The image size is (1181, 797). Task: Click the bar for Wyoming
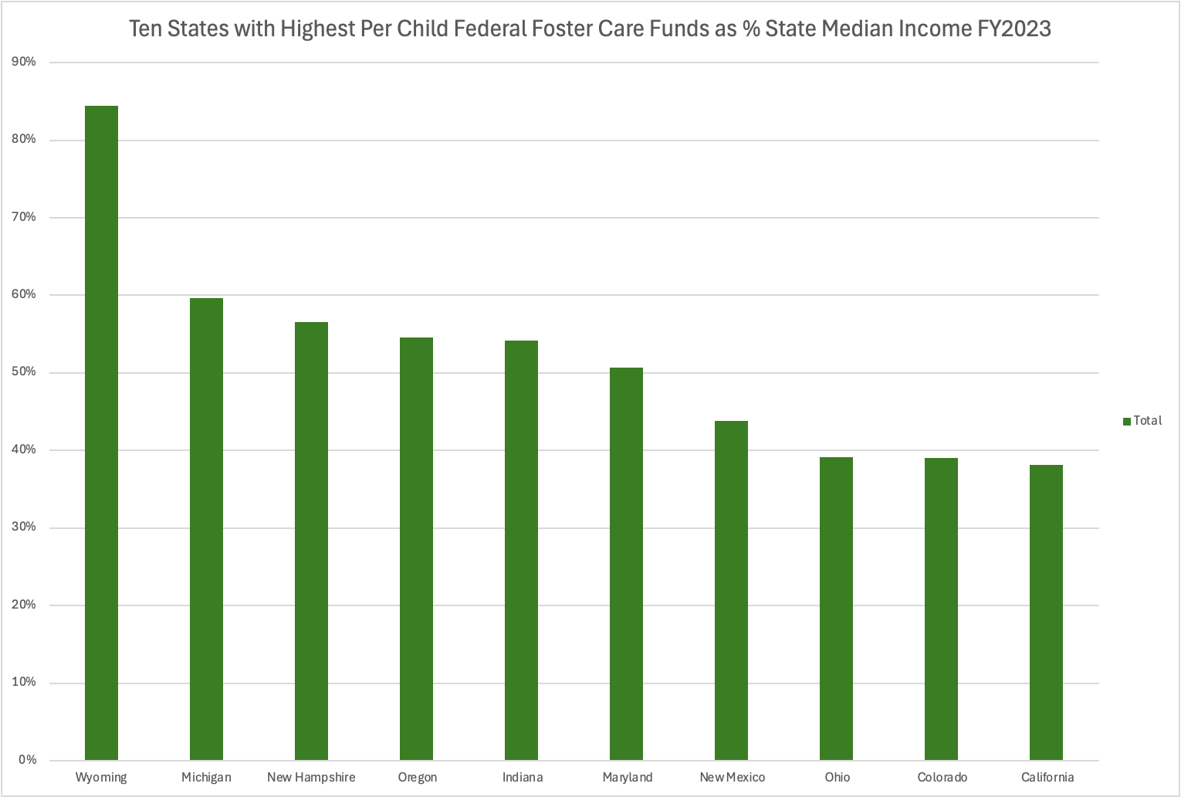[x=101, y=432]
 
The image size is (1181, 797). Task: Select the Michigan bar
[x=206, y=529]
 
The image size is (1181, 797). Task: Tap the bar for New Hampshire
[x=311, y=541]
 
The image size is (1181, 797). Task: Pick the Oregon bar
[x=416, y=548]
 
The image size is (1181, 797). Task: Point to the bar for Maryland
[x=626, y=564]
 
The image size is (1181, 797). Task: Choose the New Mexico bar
[x=731, y=590]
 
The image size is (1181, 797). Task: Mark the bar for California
[x=1046, y=612]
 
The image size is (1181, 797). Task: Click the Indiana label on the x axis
[x=523, y=778]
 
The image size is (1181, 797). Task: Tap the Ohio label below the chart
[x=837, y=778]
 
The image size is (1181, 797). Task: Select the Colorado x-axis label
[x=942, y=778]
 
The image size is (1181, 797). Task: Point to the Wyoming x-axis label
[x=101, y=778]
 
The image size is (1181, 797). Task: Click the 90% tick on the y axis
[x=24, y=62]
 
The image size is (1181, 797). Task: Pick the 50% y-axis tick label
[x=24, y=372]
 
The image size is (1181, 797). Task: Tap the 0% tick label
[x=27, y=760]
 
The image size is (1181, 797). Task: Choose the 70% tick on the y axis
[x=24, y=217]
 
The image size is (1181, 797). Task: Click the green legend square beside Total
[x=1127, y=421]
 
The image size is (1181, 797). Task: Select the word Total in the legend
[x=1148, y=421]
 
